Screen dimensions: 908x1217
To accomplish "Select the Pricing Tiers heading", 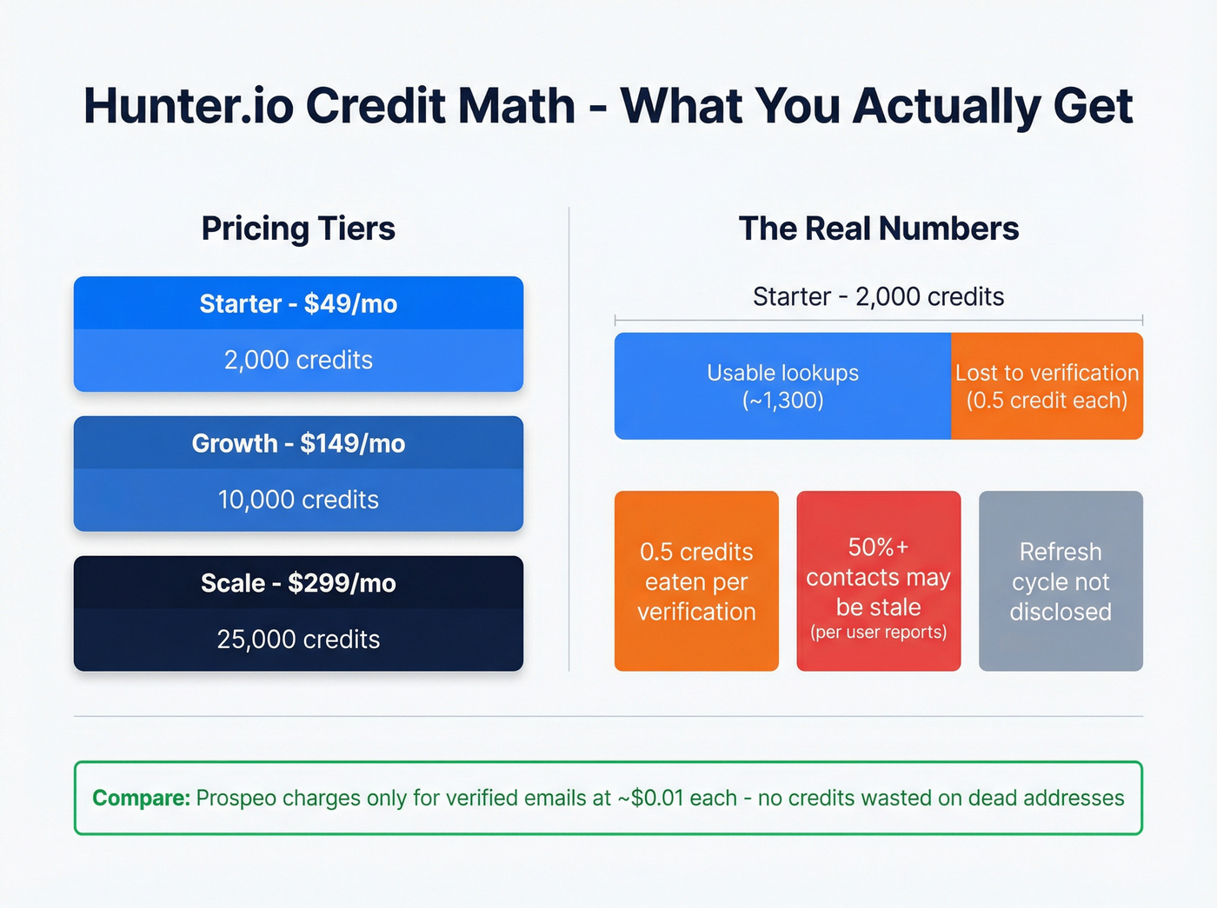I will click(x=298, y=229).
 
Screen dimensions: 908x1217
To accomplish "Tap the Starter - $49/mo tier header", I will click(x=298, y=303).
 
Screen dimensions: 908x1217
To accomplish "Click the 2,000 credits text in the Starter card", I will click(x=298, y=360).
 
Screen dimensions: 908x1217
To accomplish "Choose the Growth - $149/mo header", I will click(x=298, y=443).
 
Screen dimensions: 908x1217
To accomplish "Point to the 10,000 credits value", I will click(x=298, y=500).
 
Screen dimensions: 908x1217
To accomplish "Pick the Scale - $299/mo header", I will click(x=298, y=582).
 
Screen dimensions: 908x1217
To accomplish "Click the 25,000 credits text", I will click(x=298, y=640).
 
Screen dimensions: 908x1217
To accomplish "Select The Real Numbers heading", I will click(x=878, y=229).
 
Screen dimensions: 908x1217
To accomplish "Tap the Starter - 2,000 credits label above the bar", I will click(x=878, y=296).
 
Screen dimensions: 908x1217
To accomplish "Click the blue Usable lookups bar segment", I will click(x=782, y=386).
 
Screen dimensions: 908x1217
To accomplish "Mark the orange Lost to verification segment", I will click(x=1047, y=386).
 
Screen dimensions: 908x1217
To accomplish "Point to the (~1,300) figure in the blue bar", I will click(x=782, y=401).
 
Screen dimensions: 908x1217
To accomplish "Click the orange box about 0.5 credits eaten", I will click(x=696, y=580).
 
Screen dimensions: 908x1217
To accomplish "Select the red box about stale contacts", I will click(x=878, y=580).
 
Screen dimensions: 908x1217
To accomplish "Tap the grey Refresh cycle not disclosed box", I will click(x=1061, y=580).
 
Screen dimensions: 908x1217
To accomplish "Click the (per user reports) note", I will click(x=878, y=633).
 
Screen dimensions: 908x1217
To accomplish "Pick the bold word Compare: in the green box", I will click(x=141, y=798).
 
